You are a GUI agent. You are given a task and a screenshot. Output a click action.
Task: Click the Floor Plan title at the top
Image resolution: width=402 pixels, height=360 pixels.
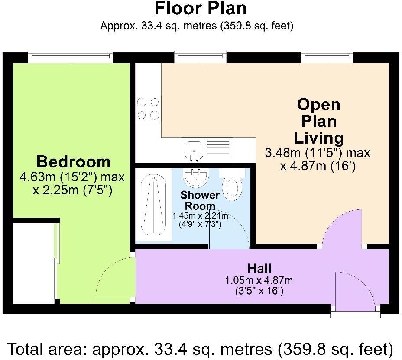201,8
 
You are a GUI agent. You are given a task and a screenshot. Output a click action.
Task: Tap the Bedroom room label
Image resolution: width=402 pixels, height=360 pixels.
73,162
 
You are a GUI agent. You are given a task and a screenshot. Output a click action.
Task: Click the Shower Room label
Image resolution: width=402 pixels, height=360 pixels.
200,200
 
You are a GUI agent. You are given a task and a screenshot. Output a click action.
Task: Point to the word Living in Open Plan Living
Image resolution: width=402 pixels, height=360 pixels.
319,138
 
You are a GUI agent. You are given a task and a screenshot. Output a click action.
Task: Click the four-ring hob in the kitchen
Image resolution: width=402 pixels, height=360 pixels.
148,108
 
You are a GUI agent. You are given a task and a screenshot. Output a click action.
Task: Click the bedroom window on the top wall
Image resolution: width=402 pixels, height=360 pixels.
71,56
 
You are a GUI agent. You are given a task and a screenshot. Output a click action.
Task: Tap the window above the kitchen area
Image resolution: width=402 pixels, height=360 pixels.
200,56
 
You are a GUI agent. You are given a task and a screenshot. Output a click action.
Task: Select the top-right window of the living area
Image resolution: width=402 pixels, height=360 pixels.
328,56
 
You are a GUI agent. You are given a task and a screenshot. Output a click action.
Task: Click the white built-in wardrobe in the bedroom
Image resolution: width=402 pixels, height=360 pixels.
34,263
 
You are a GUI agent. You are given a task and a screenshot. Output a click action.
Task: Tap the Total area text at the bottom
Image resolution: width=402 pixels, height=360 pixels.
201,348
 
